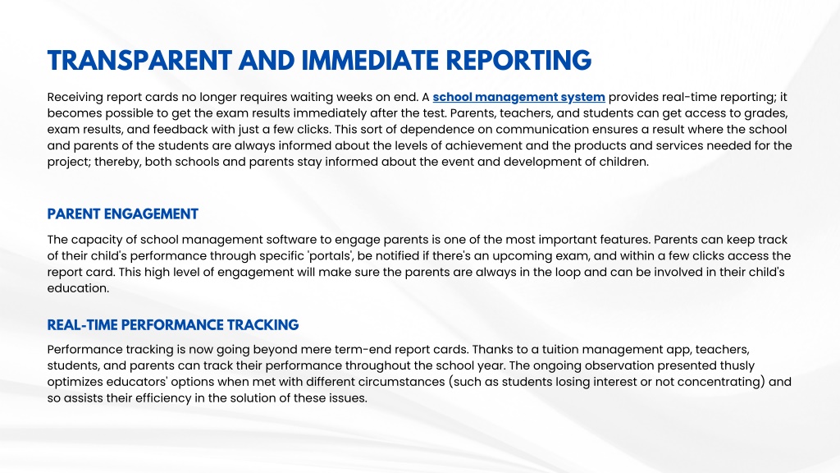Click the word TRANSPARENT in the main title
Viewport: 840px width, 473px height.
click(x=139, y=61)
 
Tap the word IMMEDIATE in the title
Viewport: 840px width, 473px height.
click(x=370, y=61)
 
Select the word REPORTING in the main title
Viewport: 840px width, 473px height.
click(x=518, y=61)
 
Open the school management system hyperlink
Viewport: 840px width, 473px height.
click(x=518, y=97)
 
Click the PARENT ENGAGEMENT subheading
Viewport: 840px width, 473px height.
click(x=123, y=214)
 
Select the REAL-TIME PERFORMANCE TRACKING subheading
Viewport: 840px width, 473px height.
click(x=173, y=325)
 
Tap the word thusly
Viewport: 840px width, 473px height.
click(x=734, y=365)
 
